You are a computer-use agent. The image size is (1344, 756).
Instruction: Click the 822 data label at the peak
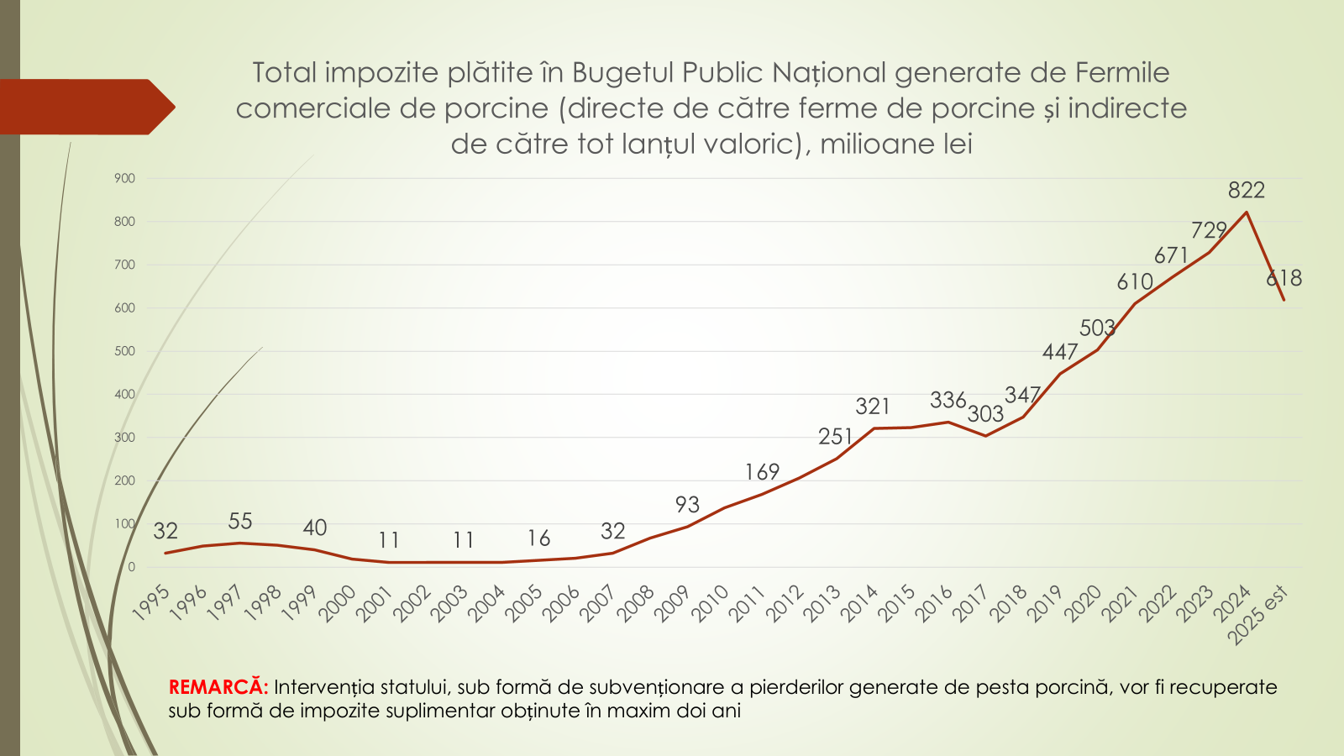click(x=1246, y=191)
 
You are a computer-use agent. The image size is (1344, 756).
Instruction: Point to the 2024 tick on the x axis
click(x=1233, y=604)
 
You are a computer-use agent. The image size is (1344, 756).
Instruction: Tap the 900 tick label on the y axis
click(x=124, y=178)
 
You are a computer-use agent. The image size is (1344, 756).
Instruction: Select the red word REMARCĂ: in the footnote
click(x=218, y=687)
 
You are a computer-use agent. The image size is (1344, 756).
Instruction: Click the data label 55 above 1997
click(x=240, y=522)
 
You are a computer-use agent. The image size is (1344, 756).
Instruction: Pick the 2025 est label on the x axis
click(x=1257, y=615)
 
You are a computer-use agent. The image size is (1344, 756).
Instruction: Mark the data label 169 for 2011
click(x=762, y=472)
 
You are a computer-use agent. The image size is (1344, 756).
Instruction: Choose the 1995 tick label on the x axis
click(x=151, y=604)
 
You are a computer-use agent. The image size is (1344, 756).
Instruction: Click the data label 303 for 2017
click(x=985, y=414)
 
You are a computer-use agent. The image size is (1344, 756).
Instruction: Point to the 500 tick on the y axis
click(x=124, y=351)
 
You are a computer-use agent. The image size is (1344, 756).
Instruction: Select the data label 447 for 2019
click(x=1060, y=353)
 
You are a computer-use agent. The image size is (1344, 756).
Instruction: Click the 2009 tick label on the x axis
click(x=672, y=604)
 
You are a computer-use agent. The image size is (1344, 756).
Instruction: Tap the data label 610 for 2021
click(x=1135, y=282)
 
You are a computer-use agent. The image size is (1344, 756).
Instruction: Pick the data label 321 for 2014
click(x=873, y=407)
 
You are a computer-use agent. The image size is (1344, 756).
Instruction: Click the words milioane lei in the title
click(x=896, y=144)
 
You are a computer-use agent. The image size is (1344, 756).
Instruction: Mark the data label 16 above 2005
click(x=538, y=538)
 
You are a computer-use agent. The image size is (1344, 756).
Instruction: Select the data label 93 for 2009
click(x=687, y=505)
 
